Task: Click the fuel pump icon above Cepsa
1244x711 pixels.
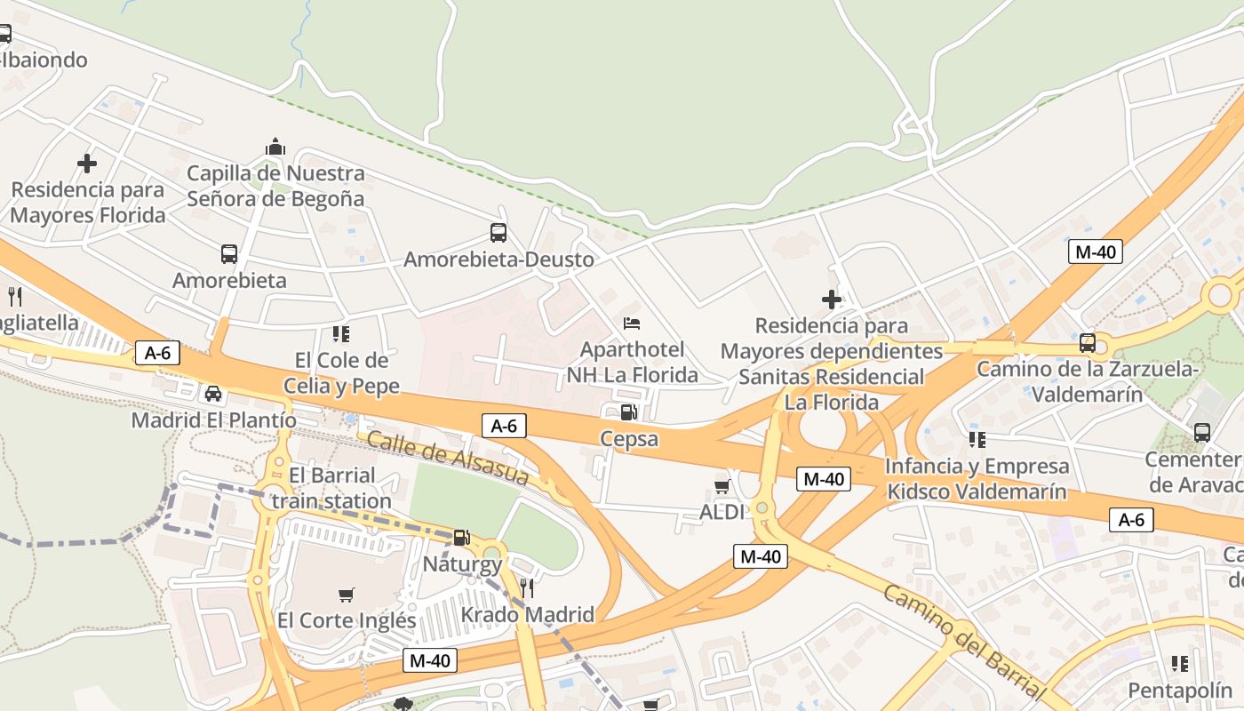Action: [x=628, y=411]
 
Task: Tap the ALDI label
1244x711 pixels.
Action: [x=721, y=512]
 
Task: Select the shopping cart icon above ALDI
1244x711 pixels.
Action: [x=722, y=486]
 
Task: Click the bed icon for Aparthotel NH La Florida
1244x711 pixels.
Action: [x=632, y=324]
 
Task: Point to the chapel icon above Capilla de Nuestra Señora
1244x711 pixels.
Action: [x=275, y=147]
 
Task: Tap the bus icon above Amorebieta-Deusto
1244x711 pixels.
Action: [x=498, y=233]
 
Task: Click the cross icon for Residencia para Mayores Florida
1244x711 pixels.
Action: [x=87, y=164]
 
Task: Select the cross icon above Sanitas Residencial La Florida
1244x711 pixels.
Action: [x=832, y=300]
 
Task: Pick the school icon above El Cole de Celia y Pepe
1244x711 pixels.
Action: [x=341, y=334]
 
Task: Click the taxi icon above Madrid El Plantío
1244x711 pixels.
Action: [x=213, y=393]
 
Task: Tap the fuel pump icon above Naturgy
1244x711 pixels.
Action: [x=461, y=538]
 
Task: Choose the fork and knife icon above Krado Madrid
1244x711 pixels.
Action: [x=527, y=587]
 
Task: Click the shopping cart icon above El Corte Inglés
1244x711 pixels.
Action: [x=347, y=594]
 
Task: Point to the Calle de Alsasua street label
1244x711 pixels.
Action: [x=447, y=458]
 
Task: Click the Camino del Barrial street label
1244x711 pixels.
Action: [x=962, y=639]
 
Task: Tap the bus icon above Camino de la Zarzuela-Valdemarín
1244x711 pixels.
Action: [x=1087, y=343]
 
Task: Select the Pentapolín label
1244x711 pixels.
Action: [x=1180, y=690]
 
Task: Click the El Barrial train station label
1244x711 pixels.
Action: [x=331, y=488]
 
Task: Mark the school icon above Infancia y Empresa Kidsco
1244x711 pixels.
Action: [x=977, y=439]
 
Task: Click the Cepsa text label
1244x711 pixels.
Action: [x=629, y=438]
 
